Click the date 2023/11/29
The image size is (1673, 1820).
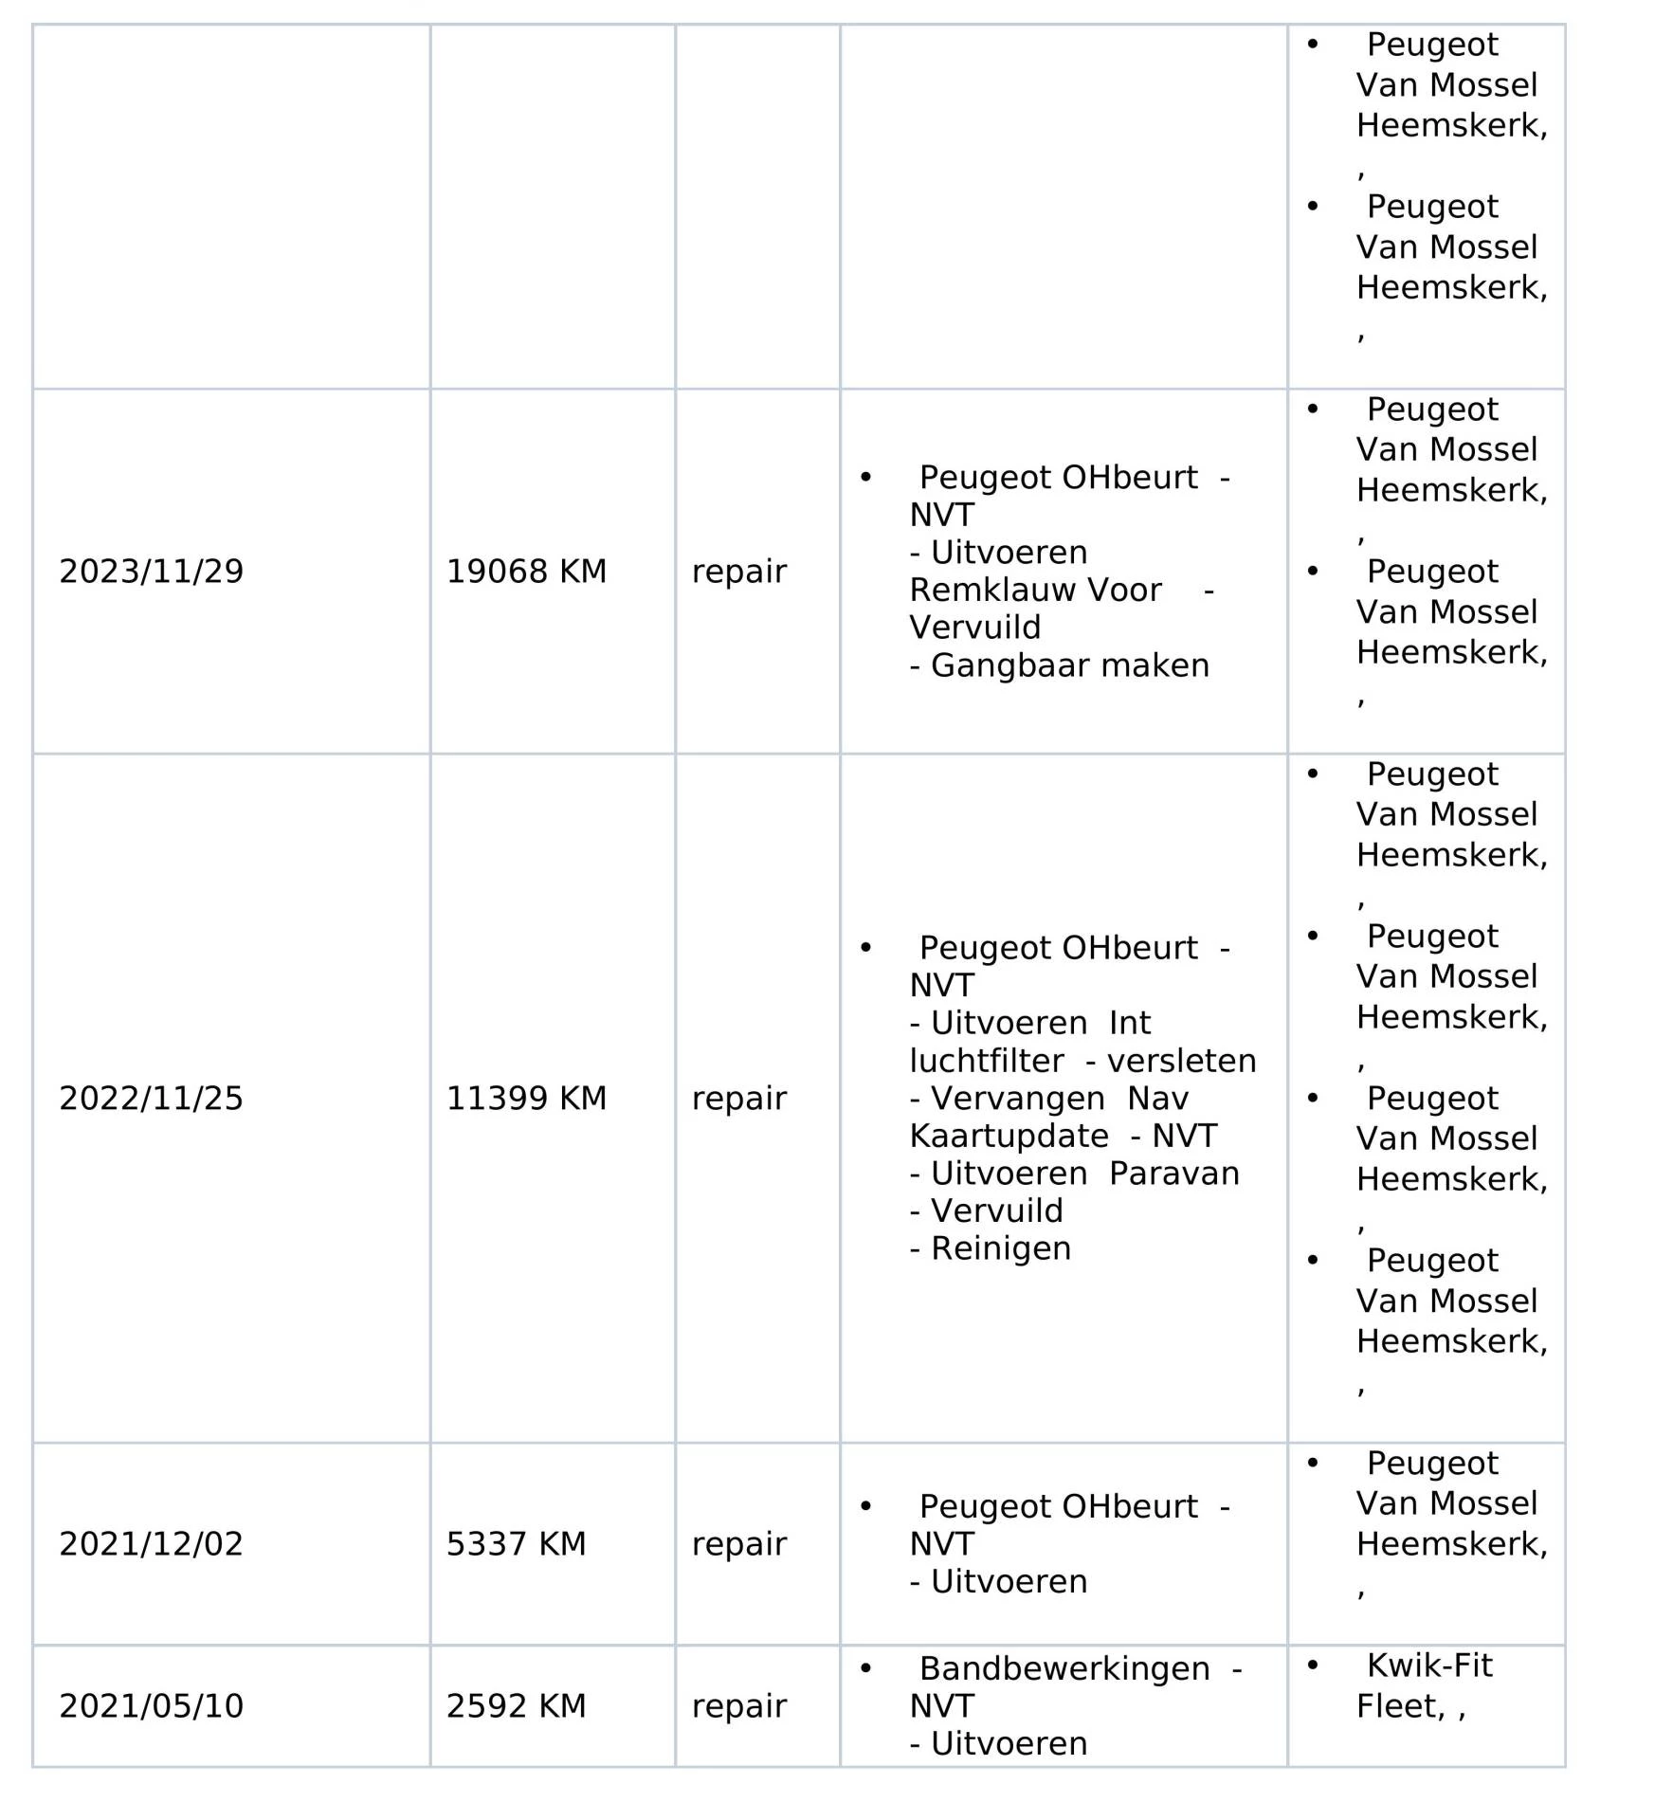tap(152, 572)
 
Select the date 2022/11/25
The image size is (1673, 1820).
tap(152, 1099)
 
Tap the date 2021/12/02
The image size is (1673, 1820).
tap(152, 1544)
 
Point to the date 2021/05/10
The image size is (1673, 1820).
tap(152, 1706)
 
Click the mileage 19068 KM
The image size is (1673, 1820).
tap(526, 572)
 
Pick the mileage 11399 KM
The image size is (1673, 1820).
tap(526, 1099)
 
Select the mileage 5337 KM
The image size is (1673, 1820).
tap(516, 1544)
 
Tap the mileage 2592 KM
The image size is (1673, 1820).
tap(516, 1706)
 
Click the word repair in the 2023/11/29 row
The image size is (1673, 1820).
tap(739, 572)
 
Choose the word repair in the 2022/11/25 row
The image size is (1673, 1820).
tap(739, 1099)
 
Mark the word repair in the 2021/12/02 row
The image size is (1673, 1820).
tap(739, 1544)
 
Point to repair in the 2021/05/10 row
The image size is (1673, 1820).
tap(739, 1706)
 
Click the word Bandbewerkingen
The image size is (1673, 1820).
tap(1064, 1668)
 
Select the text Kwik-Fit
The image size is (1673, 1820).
tap(1429, 1665)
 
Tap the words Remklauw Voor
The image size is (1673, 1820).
tap(1035, 591)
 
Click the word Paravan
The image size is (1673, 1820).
tap(1173, 1174)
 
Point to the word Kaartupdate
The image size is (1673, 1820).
tap(1009, 1136)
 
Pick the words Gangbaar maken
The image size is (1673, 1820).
tap(1070, 665)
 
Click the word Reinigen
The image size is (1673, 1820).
tap(1001, 1248)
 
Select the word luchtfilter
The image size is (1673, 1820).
tap(986, 1061)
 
